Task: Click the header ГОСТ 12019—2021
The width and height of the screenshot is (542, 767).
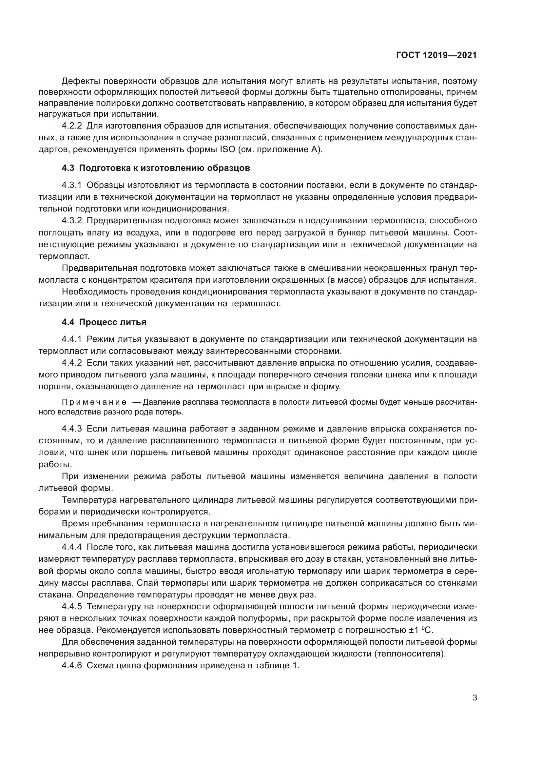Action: (x=436, y=55)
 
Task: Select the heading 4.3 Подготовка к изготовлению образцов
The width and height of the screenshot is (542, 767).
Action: (x=156, y=168)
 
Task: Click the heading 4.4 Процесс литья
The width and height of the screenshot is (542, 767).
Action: (x=104, y=322)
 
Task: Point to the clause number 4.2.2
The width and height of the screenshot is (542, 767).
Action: (x=71, y=126)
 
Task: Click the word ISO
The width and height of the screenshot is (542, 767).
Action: (x=228, y=149)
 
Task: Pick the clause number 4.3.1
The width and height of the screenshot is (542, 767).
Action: (x=71, y=185)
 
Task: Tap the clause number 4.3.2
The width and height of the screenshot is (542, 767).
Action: (x=71, y=220)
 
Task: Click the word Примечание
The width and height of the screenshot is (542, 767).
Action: (x=94, y=402)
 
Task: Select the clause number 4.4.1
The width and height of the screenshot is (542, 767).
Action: (x=71, y=339)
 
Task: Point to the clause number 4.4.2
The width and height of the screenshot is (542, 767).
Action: (x=71, y=363)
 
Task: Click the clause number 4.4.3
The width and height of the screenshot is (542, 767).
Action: (x=71, y=429)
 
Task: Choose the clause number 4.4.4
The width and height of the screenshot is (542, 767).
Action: (x=71, y=547)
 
